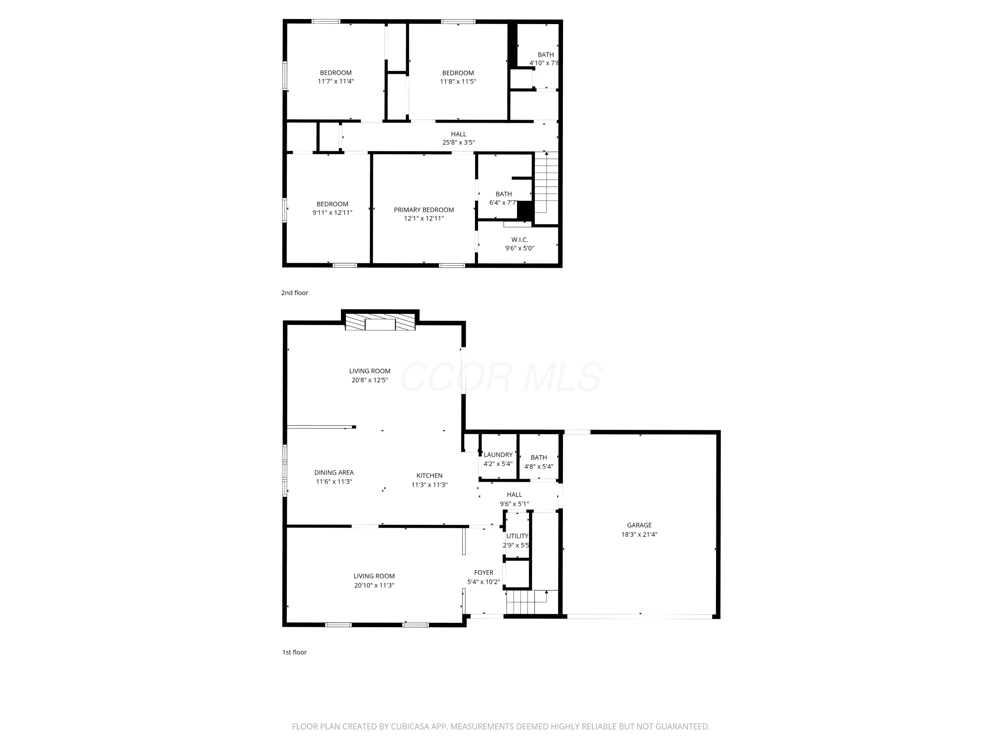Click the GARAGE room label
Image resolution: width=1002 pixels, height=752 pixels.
(639, 525)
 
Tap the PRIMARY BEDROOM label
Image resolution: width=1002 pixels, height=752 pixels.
(424, 210)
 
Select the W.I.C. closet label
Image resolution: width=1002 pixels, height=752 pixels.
(520, 240)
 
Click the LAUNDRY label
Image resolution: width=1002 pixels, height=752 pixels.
(498, 455)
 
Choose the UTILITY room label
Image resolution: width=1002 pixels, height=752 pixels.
(517, 536)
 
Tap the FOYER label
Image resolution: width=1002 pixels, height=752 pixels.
(484, 573)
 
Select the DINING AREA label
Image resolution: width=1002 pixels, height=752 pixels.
(334, 472)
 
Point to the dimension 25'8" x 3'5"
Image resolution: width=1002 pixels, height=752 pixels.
(459, 142)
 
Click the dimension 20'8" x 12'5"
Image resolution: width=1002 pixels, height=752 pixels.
(370, 380)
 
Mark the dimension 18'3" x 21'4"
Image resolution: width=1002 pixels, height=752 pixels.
(639, 534)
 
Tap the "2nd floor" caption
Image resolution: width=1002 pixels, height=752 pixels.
(295, 293)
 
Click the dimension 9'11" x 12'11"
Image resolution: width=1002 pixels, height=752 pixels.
(332, 213)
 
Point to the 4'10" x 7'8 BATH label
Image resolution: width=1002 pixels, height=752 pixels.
(545, 59)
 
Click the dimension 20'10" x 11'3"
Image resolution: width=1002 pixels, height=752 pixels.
(374, 585)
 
